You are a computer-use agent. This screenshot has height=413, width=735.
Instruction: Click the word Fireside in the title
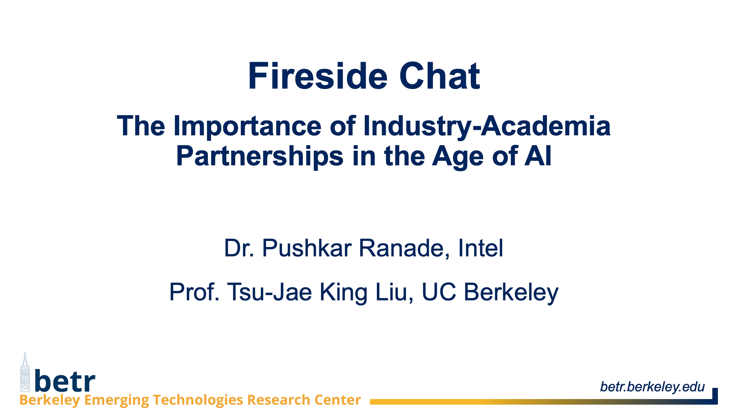(318, 76)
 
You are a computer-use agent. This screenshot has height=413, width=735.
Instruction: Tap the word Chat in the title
(440, 76)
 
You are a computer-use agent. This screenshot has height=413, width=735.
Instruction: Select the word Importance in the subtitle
(247, 126)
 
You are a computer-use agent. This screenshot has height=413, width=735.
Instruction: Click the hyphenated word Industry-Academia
(487, 126)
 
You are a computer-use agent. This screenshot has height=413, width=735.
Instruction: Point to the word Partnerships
(260, 156)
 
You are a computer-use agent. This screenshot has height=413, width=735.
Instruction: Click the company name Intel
(481, 248)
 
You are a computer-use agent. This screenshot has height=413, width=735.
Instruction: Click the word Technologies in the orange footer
(198, 400)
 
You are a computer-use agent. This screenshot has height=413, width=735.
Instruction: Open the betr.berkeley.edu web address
(652, 386)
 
